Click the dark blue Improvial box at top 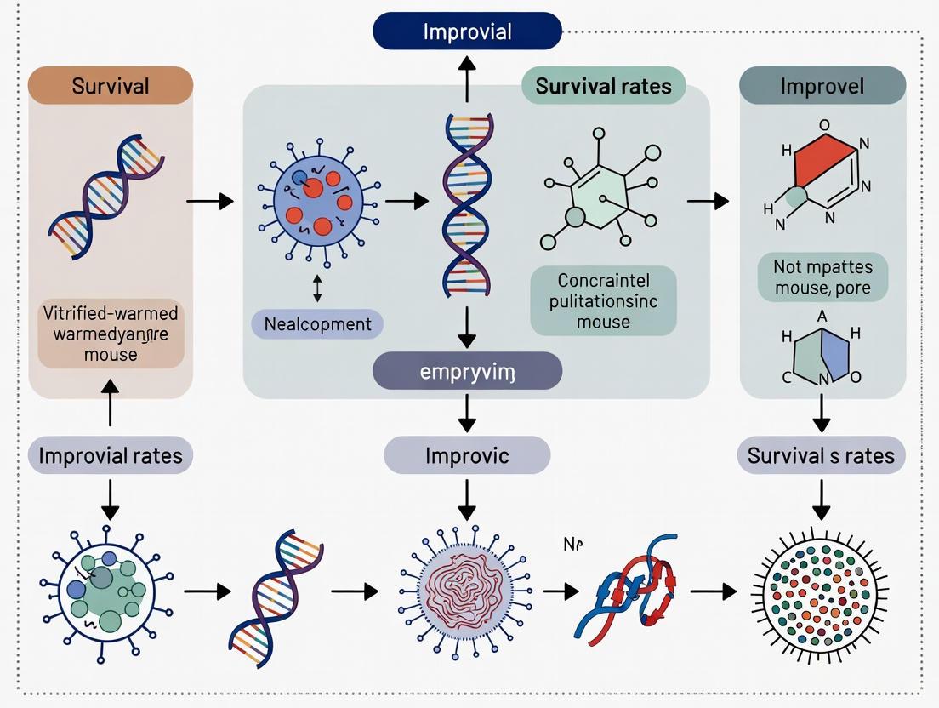[x=467, y=31]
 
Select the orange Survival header [x=111, y=86]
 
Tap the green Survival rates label [x=603, y=86]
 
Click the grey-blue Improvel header [x=822, y=86]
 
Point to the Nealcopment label [x=317, y=324]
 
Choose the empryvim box [x=467, y=371]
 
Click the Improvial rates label [x=111, y=455]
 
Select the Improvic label [x=467, y=455]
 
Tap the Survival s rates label [x=821, y=455]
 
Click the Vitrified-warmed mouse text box [x=111, y=333]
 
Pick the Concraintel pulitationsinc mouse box [x=603, y=300]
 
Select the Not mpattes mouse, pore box [x=822, y=277]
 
